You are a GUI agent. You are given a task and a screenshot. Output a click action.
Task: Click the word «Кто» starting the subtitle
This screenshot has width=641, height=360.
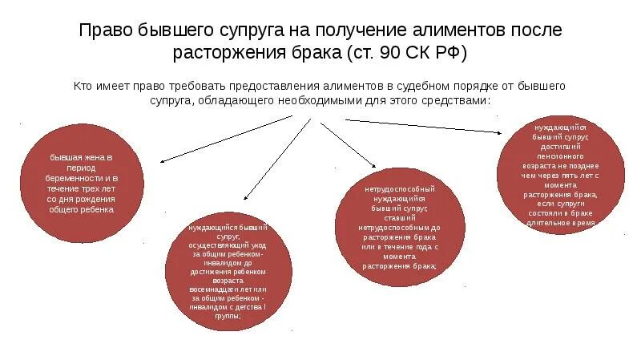pyautogui.click(x=83, y=86)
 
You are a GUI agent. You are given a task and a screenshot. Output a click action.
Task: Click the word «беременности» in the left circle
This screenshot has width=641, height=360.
pyautogui.click(x=70, y=178)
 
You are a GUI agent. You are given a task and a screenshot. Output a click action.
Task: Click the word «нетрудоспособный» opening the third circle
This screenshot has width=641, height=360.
pyautogui.click(x=399, y=188)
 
